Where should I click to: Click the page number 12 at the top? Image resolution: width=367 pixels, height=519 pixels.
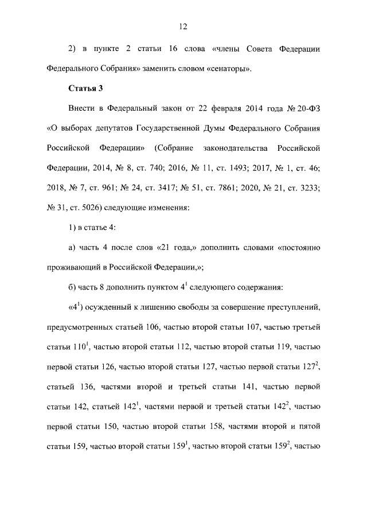(183, 26)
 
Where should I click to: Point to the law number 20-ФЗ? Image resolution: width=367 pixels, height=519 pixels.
(304, 108)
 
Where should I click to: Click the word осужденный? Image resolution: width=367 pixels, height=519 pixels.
(115, 308)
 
